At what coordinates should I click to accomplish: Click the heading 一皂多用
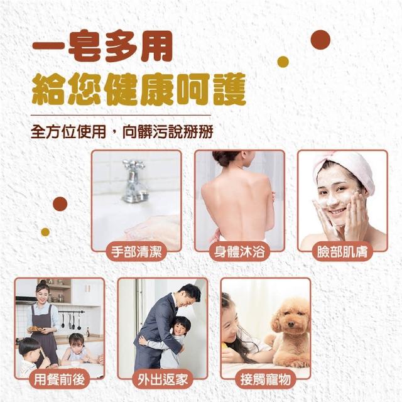102,46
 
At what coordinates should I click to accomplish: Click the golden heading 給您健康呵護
139,89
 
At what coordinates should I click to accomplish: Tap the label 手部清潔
136,251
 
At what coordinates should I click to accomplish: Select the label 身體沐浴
239,251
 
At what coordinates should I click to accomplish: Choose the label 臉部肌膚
342,251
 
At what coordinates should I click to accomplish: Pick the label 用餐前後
59,379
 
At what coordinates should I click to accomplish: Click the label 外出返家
163,379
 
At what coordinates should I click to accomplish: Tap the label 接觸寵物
266,379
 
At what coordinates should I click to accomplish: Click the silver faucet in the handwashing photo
133,181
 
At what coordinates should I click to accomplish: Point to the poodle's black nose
290,325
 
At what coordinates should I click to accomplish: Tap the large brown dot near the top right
320,40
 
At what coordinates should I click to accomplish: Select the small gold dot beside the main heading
283,62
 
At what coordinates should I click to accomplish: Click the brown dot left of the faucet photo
60,204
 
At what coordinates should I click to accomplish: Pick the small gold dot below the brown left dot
45,232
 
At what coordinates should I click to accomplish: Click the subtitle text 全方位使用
68,132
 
